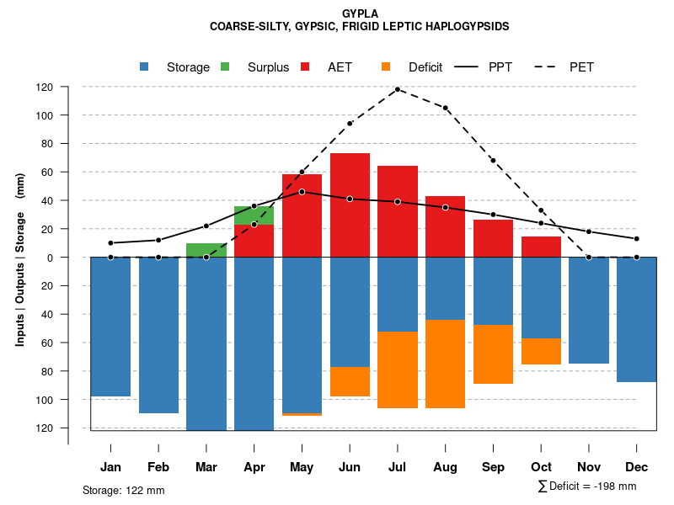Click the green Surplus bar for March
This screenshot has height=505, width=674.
[206, 250]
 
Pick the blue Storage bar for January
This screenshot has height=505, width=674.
[110, 327]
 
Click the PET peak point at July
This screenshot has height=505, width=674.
[398, 89]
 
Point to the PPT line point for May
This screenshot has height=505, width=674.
[302, 192]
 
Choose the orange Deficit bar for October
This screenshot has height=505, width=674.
[541, 351]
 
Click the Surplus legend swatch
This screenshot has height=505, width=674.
[225, 66]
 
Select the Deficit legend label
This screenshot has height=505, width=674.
[425, 67]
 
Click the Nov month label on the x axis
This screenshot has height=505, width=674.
[589, 467]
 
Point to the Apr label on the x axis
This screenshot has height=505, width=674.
[254, 467]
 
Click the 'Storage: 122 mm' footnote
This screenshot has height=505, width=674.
[124, 490]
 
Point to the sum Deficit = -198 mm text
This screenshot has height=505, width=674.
[587, 486]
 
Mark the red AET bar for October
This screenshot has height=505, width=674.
[541, 247]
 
